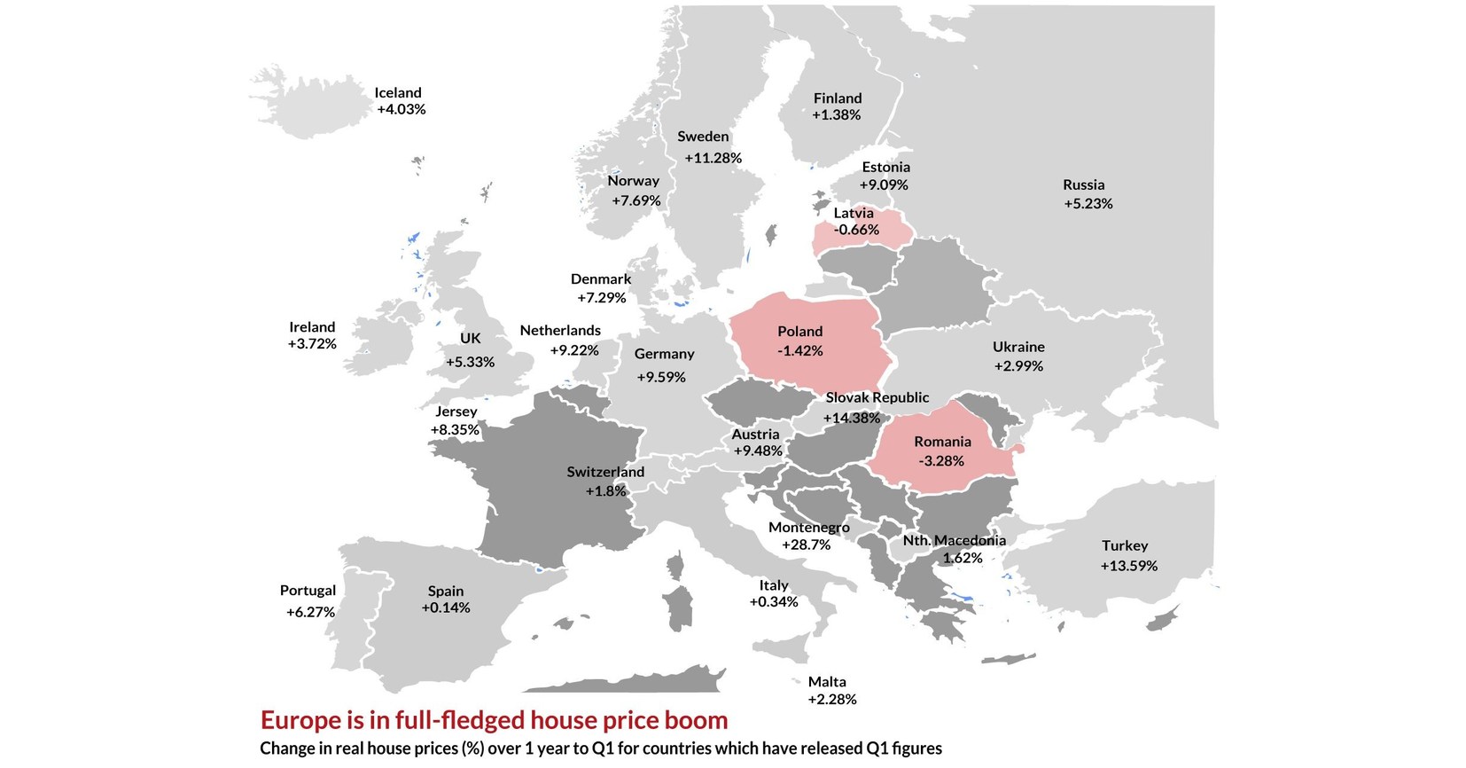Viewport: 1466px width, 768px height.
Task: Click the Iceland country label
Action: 398,92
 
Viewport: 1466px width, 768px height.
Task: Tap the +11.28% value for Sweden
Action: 713,158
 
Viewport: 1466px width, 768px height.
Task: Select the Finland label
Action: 838,98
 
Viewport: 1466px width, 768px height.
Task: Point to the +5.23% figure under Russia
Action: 1088,203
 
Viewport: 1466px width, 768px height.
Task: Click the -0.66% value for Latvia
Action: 856,230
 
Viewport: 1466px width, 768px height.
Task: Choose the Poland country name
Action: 799,331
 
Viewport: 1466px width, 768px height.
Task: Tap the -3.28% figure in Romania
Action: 941,460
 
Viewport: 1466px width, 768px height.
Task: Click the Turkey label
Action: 1125,545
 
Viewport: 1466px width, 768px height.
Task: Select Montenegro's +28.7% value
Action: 806,545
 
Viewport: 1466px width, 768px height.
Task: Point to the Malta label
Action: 827,681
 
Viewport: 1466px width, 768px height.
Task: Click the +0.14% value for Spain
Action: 446,607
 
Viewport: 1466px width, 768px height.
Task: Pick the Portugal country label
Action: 308,590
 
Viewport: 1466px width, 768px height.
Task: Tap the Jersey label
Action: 456,411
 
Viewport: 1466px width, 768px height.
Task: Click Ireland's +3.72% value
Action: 312,343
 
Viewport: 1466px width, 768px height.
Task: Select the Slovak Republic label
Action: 877,397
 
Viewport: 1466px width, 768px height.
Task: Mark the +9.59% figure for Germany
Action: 661,377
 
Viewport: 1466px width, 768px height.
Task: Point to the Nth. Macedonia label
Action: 954,540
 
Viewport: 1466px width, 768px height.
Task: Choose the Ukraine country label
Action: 1018,347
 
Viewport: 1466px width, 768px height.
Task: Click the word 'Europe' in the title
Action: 300,719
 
